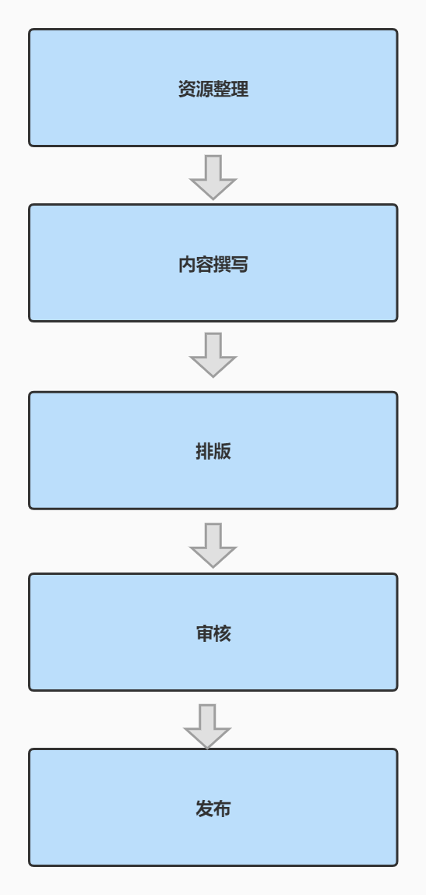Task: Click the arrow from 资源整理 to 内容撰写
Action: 213,178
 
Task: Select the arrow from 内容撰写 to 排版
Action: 213,355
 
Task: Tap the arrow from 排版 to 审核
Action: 213,546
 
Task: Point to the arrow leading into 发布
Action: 207,727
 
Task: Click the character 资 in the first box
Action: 187,89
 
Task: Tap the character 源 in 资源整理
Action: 205,89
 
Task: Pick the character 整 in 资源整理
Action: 222,89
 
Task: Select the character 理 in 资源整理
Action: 240,89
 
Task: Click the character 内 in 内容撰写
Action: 187,264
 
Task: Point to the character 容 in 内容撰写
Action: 205,264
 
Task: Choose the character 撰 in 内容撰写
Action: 222,264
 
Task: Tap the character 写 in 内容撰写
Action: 240,264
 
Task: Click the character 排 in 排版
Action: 205,452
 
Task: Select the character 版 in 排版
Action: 222,452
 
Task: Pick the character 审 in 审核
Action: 205,633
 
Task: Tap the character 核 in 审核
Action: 222,633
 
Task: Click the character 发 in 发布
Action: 205,809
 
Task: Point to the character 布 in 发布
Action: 222,809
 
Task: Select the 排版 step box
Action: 213,450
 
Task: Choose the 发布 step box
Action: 213,808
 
